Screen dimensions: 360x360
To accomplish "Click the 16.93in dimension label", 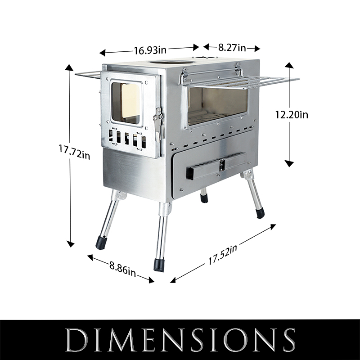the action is point(150,50).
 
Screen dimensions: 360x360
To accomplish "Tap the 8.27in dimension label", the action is point(232,48).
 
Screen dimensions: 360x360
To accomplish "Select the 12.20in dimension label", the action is point(292,115).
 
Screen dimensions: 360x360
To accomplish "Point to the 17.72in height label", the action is point(74,152).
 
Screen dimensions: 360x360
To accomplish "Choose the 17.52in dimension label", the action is point(222,255).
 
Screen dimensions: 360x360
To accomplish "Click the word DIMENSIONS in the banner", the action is point(180,340).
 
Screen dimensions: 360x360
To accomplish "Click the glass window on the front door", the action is point(126,103).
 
